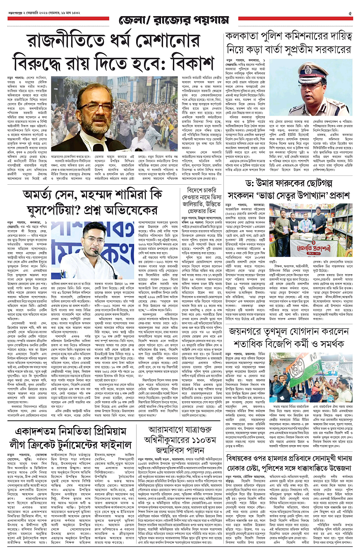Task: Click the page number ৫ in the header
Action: click(350, 13)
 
